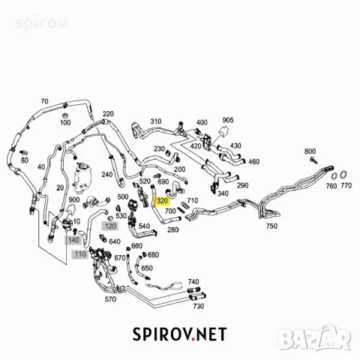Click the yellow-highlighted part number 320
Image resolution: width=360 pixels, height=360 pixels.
point(162,201)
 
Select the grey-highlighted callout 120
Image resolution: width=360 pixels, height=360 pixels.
point(110,226)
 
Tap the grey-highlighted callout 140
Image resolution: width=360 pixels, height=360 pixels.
point(73,240)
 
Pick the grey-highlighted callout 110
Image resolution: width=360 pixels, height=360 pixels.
point(80,254)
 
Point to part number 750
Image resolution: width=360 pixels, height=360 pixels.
point(271,226)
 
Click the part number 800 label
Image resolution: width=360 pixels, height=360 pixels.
point(310,151)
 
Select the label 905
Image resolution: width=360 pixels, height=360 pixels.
point(228,120)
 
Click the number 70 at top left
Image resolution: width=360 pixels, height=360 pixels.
point(44,101)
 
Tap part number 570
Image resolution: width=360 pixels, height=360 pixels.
point(110,299)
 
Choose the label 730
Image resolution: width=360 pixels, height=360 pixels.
point(198,306)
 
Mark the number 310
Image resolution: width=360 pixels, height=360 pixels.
point(156,121)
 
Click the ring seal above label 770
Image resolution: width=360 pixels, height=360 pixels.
point(343,174)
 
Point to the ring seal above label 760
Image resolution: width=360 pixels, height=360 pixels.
point(334,175)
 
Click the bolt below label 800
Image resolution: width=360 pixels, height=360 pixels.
point(313,160)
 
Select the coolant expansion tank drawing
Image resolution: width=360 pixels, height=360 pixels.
point(82,178)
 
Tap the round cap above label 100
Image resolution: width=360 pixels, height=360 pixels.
point(65,115)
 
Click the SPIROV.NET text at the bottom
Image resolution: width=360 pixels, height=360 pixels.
point(179,334)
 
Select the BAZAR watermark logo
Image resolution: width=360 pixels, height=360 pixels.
point(314,337)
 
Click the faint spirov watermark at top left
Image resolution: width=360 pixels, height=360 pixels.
point(41,22)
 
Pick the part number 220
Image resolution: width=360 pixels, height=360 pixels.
point(108,114)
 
